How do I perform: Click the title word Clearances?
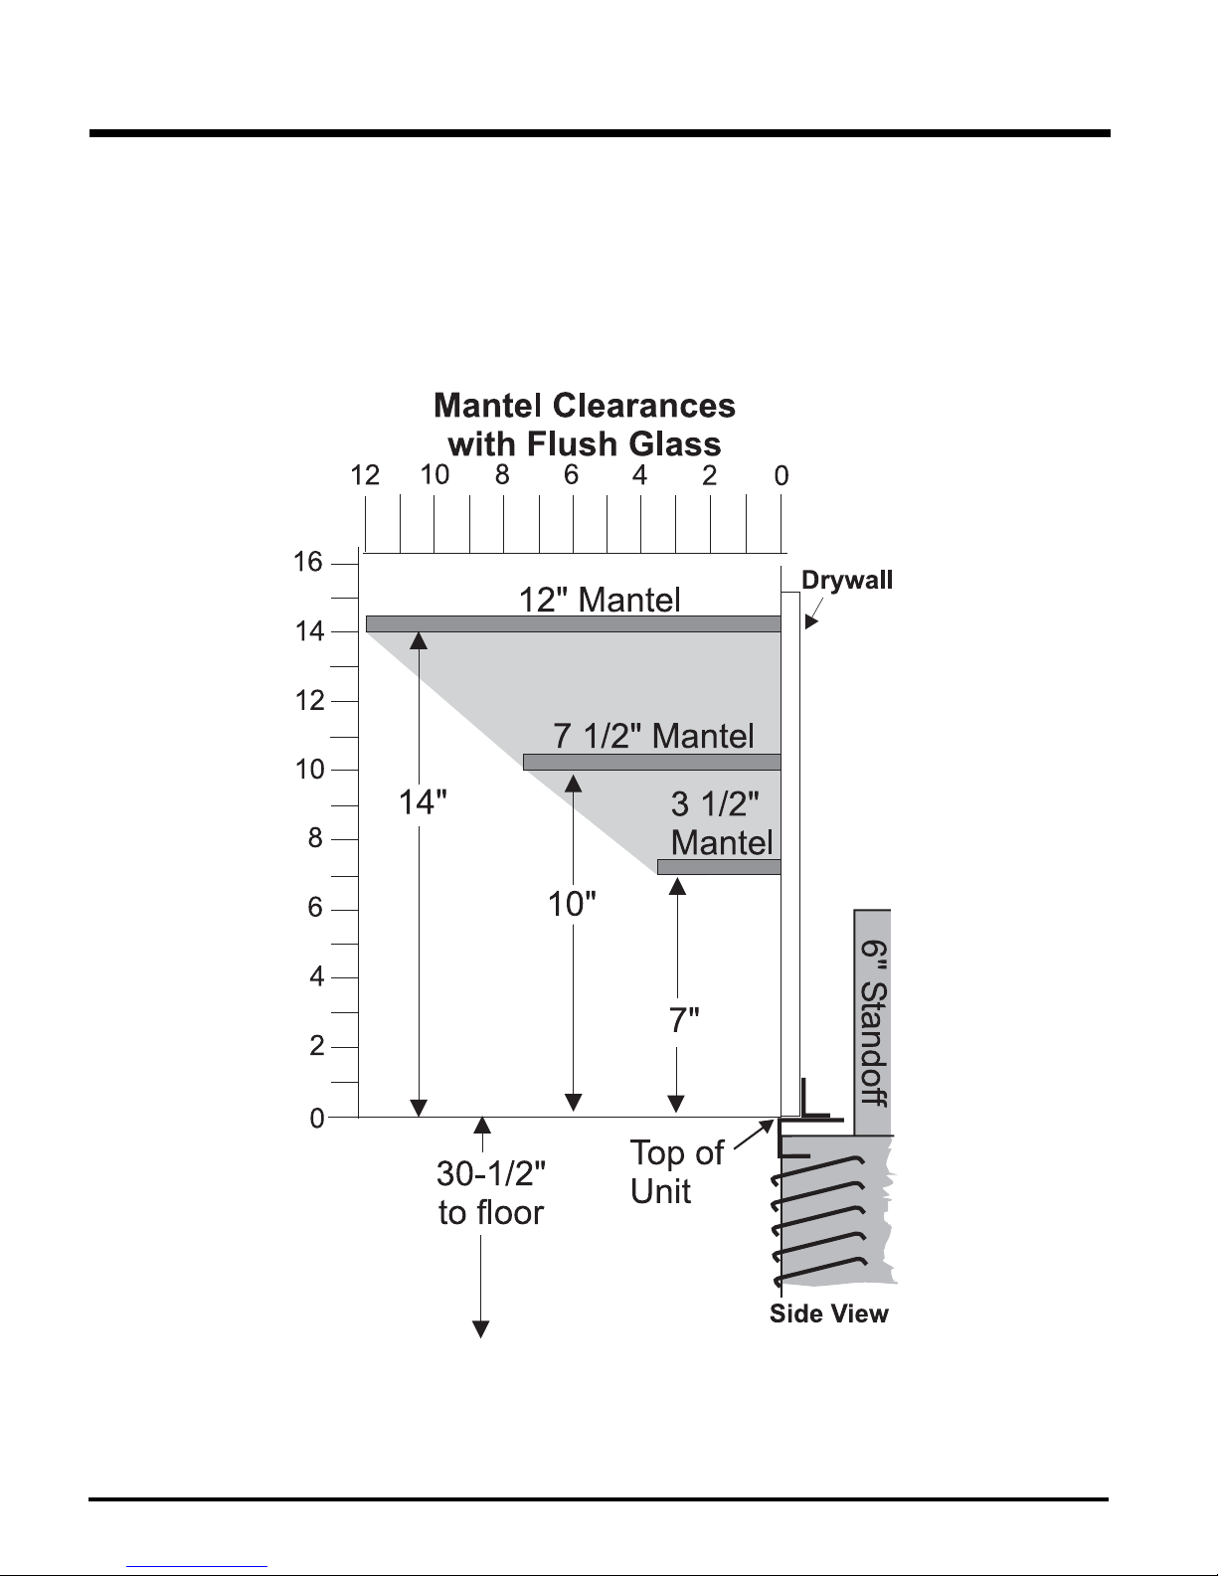pos(644,406)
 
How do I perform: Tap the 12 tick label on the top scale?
pos(365,475)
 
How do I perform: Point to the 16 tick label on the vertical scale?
pos(307,562)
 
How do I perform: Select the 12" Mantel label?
pos(600,600)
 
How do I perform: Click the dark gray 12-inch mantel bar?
pos(574,623)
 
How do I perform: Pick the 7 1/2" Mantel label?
pos(653,736)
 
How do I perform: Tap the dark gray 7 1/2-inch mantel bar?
pos(652,762)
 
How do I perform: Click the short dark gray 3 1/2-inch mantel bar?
pos(719,867)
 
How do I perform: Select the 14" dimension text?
pos(423,802)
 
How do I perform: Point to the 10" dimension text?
pos(572,905)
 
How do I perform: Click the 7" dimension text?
pos(684,1020)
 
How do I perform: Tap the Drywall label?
pos(847,581)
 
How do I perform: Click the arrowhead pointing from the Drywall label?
pos(811,621)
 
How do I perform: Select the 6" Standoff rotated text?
pos(874,1023)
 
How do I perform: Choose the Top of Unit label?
pos(676,1172)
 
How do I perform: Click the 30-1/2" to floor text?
pos(491,1193)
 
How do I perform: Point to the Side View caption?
pos(828,1313)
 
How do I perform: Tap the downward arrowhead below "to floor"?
pos(480,1329)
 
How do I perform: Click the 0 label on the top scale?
pos(781,475)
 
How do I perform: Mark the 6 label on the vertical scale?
pos(314,907)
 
